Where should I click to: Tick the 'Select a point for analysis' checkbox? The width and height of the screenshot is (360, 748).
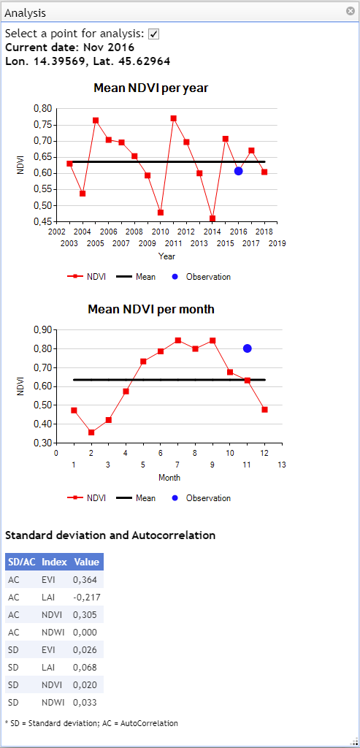[x=153, y=34]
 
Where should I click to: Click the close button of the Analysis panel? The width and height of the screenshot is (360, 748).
[x=351, y=12]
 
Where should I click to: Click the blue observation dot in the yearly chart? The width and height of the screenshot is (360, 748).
[x=238, y=171]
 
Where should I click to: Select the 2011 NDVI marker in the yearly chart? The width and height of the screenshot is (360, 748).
[x=174, y=118]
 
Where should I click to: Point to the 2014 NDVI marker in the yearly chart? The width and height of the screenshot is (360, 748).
[x=212, y=218]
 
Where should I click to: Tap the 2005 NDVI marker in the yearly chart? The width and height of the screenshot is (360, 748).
[x=96, y=121]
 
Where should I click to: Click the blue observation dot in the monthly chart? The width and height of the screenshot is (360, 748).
[x=247, y=348]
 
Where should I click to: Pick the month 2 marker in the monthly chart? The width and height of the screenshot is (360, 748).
[x=91, y=432]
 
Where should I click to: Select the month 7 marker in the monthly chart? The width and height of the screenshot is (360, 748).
[x=178, y=340]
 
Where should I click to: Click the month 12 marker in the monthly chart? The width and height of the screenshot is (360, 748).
[x=264, y=409]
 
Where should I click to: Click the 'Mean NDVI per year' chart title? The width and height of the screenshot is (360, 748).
[x=150, y=88]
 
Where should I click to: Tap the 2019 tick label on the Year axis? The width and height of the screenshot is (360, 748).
[x=277, y=243]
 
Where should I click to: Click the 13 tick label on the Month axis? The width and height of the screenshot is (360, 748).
[x=282, y=465]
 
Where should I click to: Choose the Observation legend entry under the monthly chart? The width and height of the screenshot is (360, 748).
[x=203, y=498]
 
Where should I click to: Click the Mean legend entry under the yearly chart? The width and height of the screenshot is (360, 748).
[x=137, y=277]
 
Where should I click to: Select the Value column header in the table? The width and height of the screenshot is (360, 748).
[x=86, y=562]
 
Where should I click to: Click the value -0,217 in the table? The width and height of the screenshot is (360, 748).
[x=86, y=597]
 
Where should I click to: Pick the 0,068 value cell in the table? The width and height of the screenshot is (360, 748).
[x=85, y=667]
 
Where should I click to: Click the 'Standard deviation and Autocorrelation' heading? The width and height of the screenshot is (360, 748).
[x=110, y=535]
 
